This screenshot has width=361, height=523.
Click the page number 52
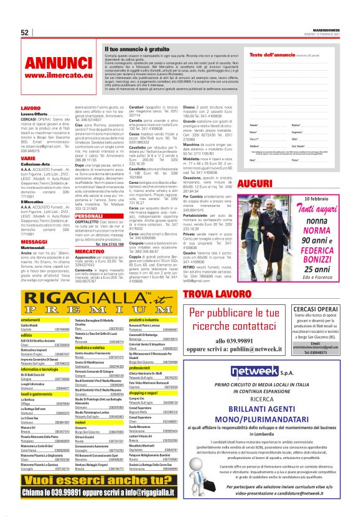tap(26, 32)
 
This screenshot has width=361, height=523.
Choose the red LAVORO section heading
tap(31, 108)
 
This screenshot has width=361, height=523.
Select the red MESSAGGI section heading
tap(35, 240)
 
